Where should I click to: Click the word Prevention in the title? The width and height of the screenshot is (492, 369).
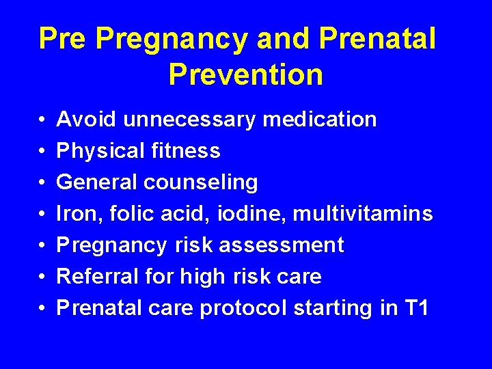click(x=245, y=74)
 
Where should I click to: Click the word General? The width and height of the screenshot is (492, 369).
click(x=97, y=182)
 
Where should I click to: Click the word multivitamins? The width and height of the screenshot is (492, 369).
click(x=363, y=214)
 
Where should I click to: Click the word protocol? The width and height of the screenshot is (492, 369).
click(x=243, y=309)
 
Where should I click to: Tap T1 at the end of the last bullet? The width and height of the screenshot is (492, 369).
click(x=416, y=308)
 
